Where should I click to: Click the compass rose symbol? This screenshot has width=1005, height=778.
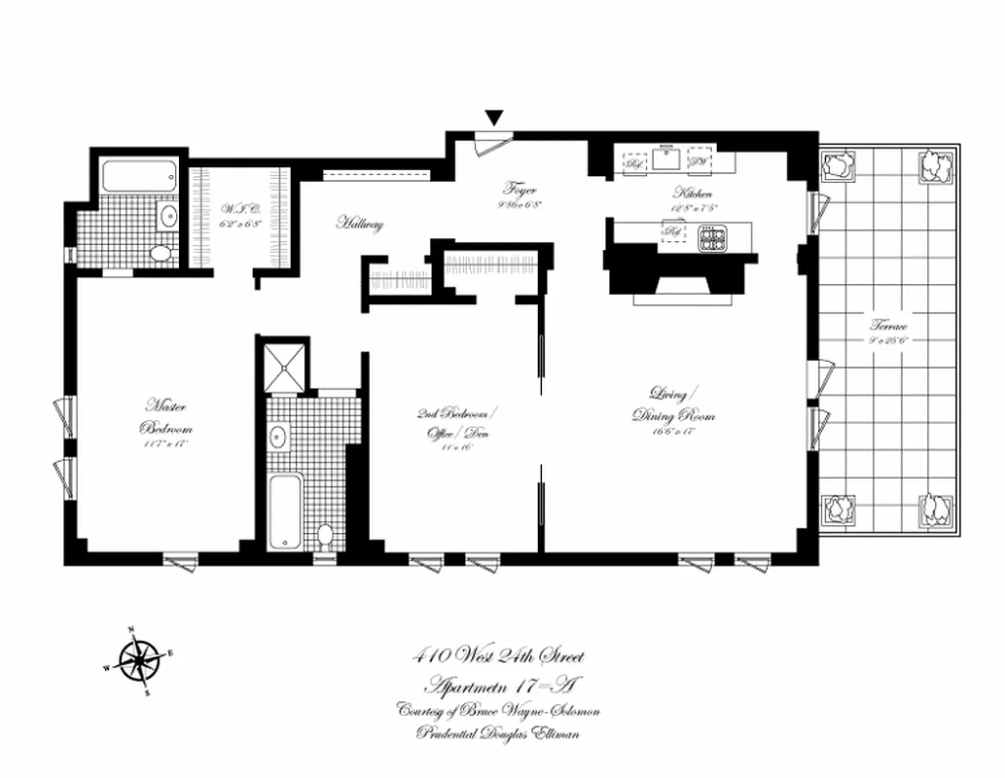click(x=139, y=662)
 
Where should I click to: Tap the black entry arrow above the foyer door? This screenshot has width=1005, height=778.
click(x=494, y=119)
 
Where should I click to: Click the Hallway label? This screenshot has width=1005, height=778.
click(x=360, y=224)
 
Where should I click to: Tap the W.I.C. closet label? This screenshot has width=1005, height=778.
click(x=239, y=207)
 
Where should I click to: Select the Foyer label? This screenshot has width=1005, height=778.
click(x=520, y=190)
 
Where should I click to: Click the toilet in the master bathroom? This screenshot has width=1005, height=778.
click(x=161, y=253)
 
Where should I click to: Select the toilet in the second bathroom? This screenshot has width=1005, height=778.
click(x=325, y=536)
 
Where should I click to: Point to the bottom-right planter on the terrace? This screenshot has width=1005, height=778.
click(x=936, y=511)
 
